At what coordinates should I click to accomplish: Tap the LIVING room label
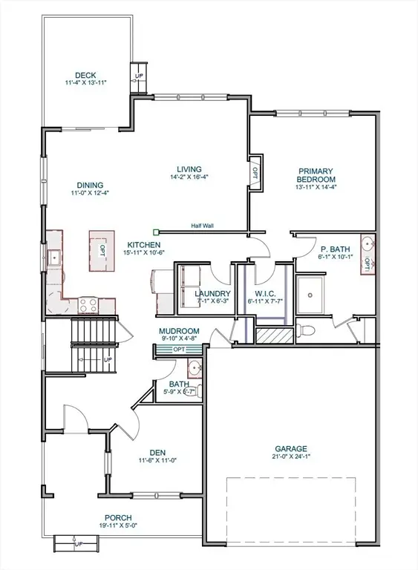click(x=184, y=168)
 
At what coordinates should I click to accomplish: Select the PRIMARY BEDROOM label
click(x=316, y=174)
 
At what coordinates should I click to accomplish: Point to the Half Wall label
click(x=203, y=226)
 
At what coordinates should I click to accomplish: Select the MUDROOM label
click(x=179, y=331)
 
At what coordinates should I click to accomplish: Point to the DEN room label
click(x=157, y=451)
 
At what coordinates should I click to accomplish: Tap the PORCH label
click(x=117, y=518)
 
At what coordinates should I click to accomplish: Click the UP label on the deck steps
click(x=139, y=76)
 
